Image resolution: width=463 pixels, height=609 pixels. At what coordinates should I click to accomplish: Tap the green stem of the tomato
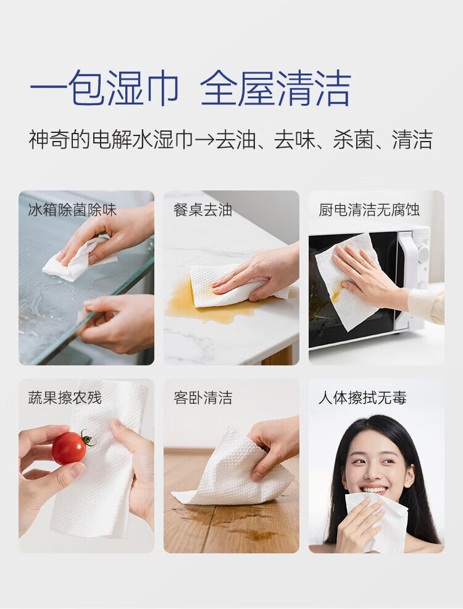pyautogui.click(x=88, y=438)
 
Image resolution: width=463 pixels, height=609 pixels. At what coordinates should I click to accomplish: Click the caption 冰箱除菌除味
pyautogui.click(x=72, y=210)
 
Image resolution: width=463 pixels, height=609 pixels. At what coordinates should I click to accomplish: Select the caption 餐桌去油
pyautogui.click(x=203, y=210)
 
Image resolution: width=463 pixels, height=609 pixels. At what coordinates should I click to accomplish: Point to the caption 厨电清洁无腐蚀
pyautogui.click(x=370, y=210)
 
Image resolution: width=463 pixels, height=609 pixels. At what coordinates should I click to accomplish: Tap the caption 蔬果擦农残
pyautogui.click(x=65, y=398)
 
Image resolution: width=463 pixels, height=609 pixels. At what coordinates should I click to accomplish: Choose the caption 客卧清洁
pyautogui.click(x=203, y=398)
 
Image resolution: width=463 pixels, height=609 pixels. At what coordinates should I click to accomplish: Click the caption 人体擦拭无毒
pyautogui.click(x=362, y=398)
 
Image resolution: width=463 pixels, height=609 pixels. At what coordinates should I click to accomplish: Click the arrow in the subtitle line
pyautogui.click(x=204, y=140)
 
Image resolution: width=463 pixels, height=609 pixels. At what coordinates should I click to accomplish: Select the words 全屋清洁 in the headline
pyautogui.click(x=276, y=88)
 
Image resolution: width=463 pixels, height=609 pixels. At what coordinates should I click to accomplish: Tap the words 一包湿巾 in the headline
pyautogui.click(x=104, y=88)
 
